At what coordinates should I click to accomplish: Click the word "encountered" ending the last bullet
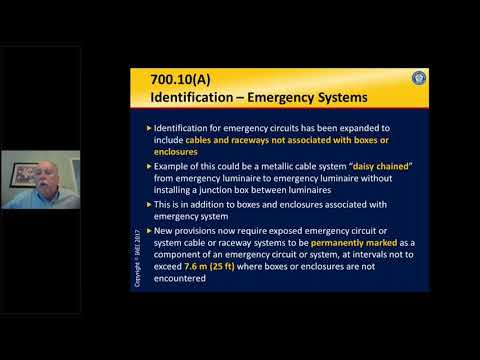pos(183,279)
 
